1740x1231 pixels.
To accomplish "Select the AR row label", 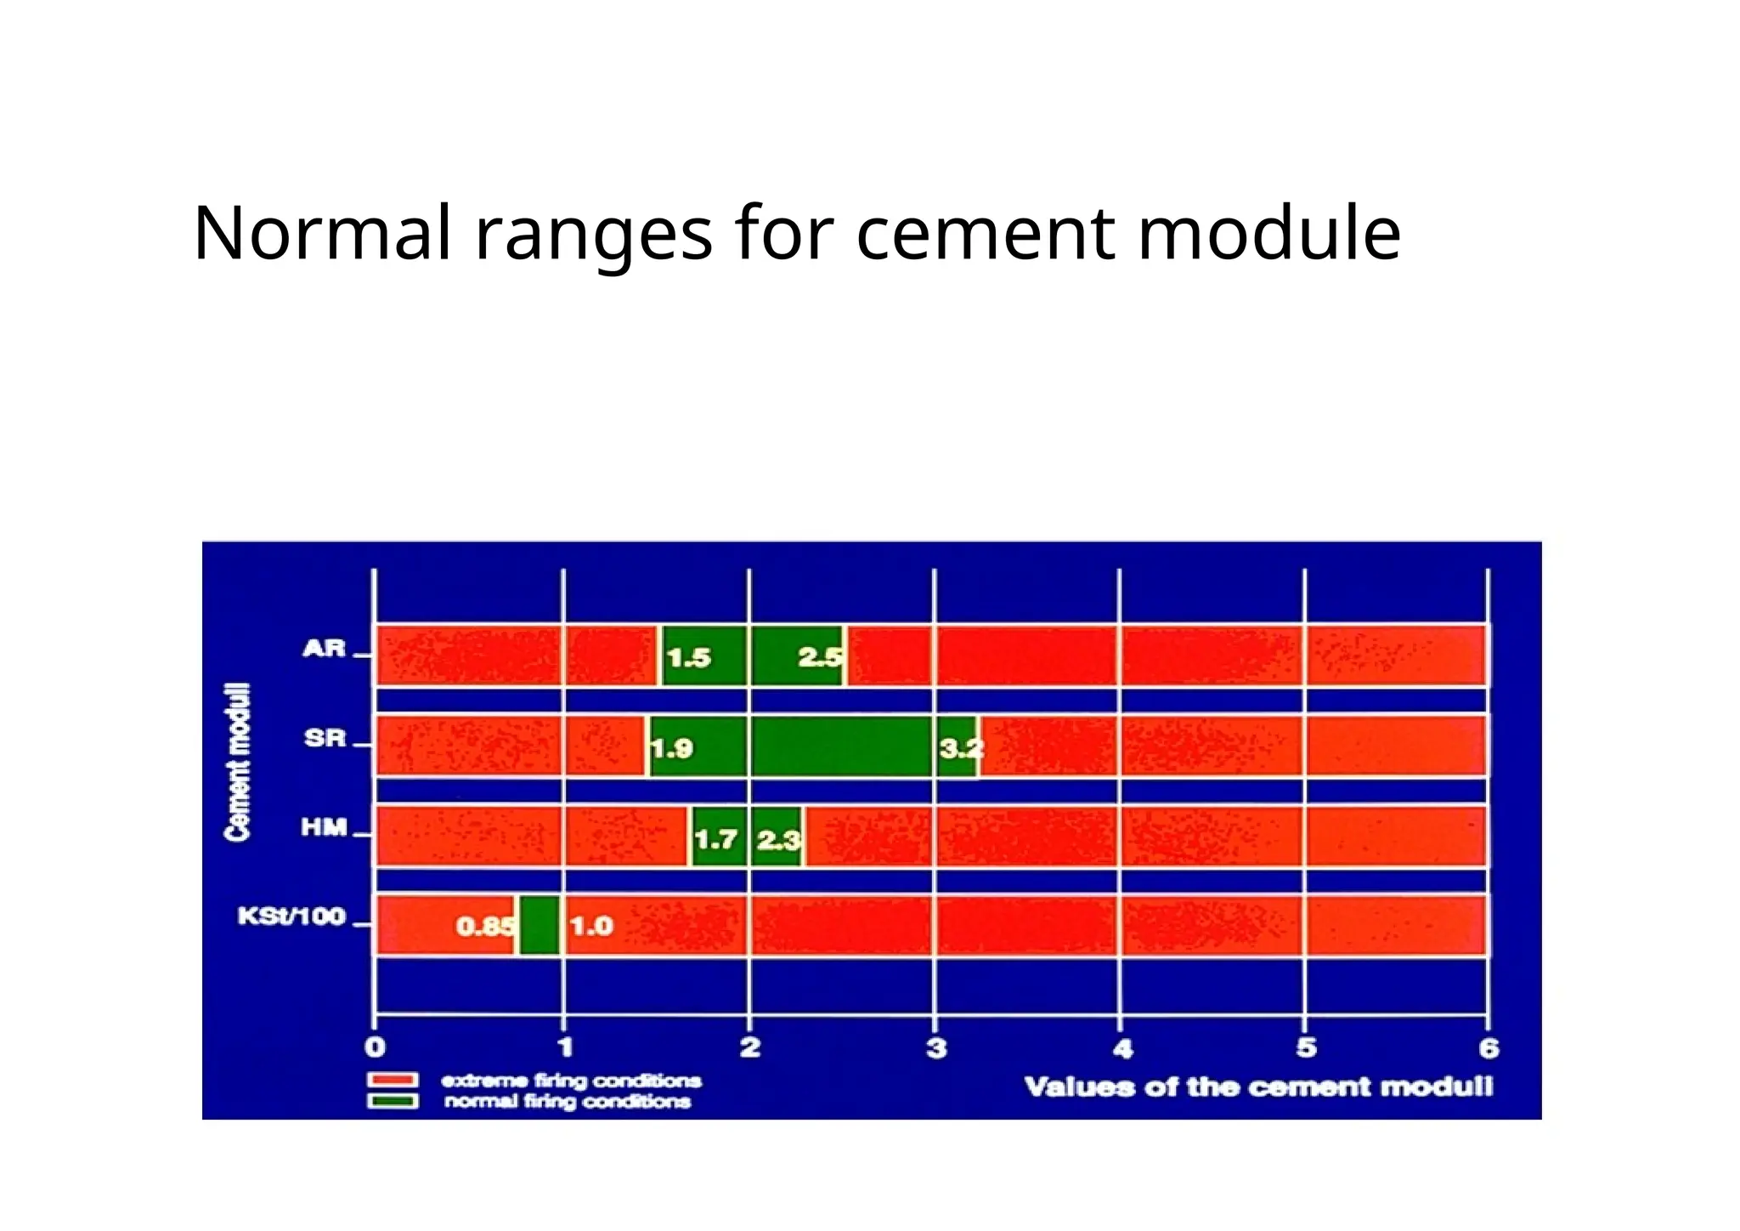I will [325, 650].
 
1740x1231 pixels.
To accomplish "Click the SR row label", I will [325, 738].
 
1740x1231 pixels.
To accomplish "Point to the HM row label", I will [325, 827].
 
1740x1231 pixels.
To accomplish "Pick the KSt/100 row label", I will [291, 916].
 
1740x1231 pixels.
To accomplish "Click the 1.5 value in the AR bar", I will [688, 658].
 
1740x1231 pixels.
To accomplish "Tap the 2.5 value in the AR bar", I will [820, 657].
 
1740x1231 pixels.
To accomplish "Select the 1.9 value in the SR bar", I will [672, 749].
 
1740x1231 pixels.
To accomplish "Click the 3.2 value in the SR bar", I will [961, 749].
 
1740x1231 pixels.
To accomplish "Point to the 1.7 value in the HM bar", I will [715, 840].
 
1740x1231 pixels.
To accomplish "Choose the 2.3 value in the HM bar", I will [778, 840].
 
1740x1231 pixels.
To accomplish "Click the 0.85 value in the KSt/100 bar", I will [485, 926].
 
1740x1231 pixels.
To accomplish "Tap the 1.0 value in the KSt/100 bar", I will [591, 926].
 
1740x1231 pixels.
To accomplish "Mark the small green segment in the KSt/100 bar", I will [540, 925].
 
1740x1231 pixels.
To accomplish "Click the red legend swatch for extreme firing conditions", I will [393, 1081].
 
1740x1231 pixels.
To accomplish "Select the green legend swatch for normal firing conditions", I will [393, 1102].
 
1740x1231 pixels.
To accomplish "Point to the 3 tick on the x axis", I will [935, 1048].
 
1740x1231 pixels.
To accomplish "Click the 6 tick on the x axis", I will [1489, 1048].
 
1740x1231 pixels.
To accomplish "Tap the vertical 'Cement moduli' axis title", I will [238, 762].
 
